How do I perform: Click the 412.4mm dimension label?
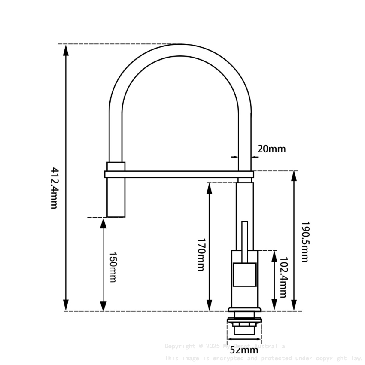54,188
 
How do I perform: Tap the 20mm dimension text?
271,149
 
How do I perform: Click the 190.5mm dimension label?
304,242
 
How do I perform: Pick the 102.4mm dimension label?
283,277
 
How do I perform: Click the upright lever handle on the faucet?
245,240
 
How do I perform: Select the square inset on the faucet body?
244,275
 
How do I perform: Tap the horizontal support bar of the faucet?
178,174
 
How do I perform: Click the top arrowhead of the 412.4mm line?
66,49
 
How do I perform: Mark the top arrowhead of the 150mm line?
103,223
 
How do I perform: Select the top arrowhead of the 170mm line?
209,188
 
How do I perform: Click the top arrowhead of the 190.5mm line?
294,176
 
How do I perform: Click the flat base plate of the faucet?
244,310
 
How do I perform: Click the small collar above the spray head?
116,166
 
